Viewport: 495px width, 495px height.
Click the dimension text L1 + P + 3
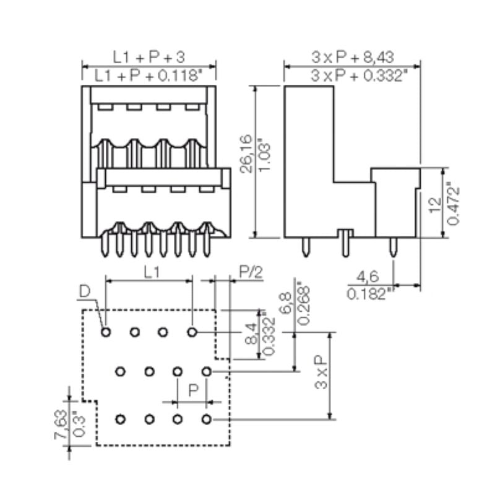pyautogui.click(x=148, y=57)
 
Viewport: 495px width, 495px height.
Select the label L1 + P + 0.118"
pyautogui.click(x=148, y=75)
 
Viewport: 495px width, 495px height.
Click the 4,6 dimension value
pyautogui.click(x=370, y=276)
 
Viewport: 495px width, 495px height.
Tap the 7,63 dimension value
pyautogui.click(x=59, y=425)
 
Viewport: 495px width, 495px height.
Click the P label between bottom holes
pyautogui.click(x=193, y=392)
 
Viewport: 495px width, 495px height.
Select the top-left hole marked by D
pyautogui.click(x=106, y=332)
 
